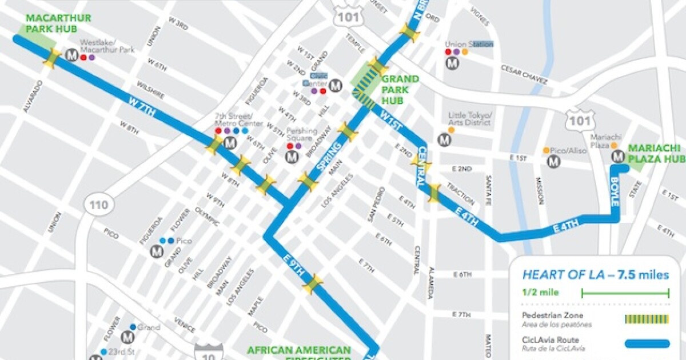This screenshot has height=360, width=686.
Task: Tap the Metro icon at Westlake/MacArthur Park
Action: coord(72,55)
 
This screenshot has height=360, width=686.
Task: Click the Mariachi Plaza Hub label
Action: coord(656,153)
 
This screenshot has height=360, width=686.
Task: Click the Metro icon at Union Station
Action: coord(453,64)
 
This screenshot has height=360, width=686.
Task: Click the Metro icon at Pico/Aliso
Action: coord(553,161)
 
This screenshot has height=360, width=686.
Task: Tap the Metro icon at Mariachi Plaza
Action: coord(617,156)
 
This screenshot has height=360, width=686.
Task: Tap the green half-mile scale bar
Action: coord(625,293)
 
